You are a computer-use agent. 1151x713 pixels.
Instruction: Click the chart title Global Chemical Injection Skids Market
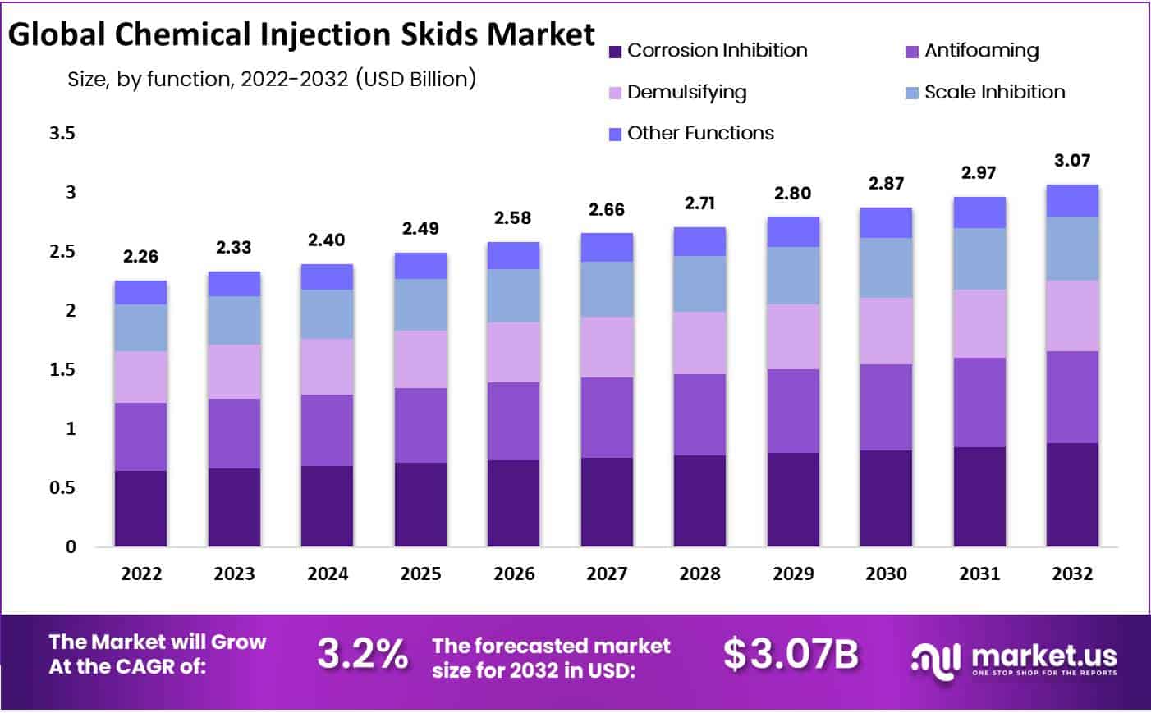coord(301,34)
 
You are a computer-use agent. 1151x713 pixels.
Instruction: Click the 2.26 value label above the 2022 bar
coord(140,257)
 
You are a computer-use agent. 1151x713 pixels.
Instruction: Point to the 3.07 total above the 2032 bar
coord(1072,161)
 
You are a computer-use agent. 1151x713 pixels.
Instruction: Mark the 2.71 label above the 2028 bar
coord(699,203)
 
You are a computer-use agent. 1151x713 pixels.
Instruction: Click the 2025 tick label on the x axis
coord(420,574)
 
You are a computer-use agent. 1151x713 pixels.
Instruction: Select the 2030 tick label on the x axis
coord(886,574)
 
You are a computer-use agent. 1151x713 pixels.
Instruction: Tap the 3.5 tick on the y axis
coord(62,133)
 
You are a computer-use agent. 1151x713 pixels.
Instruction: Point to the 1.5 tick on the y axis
coord(62,369)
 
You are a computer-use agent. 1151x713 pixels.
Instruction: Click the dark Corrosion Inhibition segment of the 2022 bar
coord(140,509)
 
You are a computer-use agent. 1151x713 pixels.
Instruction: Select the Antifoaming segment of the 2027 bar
coord(607,418)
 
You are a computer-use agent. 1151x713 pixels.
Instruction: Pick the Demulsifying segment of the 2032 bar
coord(1072,316)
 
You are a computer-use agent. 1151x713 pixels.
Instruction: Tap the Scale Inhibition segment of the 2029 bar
coord(793,276)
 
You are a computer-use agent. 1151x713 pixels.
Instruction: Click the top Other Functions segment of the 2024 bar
coord(327,277)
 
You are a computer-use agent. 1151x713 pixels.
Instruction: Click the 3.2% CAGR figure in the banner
coord(362,654)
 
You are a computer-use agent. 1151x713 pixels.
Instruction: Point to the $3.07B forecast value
coord(791,654)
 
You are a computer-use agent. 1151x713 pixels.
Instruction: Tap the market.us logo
coord(1014,659)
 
